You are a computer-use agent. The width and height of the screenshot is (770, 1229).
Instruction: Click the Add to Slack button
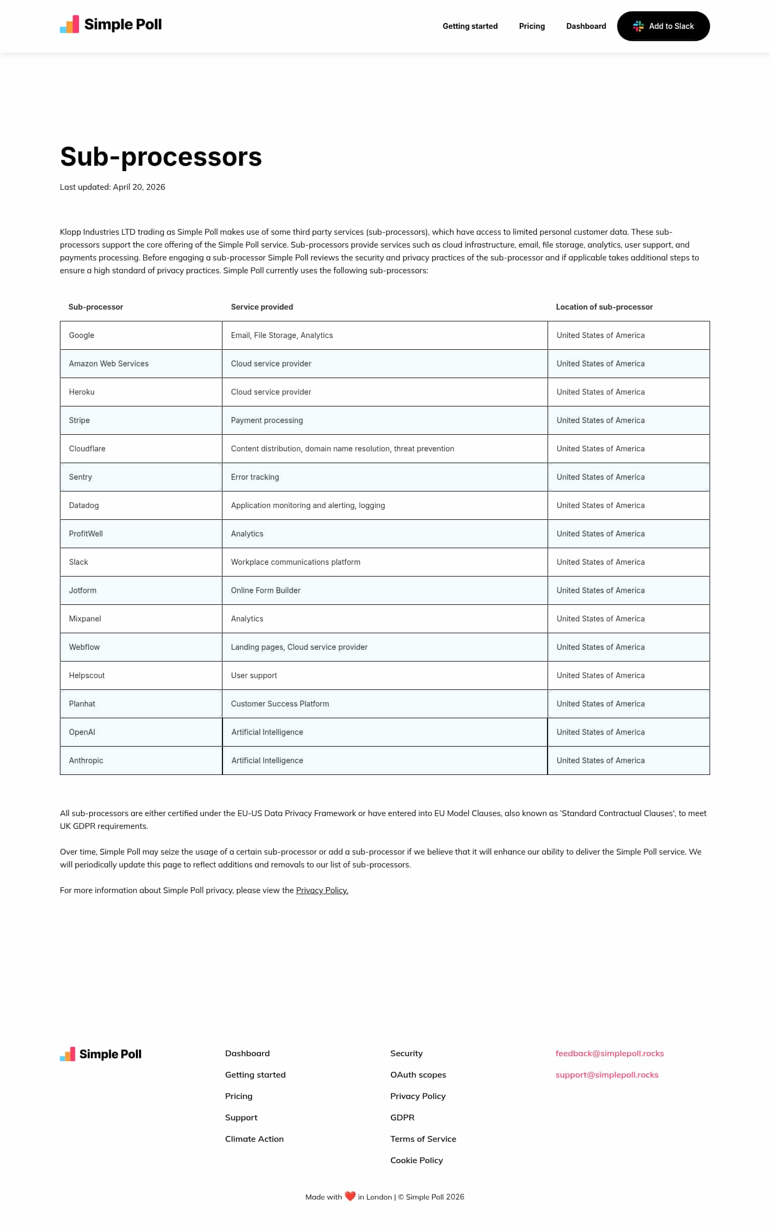click(x=663, y=26)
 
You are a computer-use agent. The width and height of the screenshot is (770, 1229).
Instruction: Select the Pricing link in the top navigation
click(x=532, y=26)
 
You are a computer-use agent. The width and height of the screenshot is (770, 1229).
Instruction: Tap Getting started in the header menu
click(x=469, y=26)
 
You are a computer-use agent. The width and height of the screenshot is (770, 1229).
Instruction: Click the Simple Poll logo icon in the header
click(x=70, y=25)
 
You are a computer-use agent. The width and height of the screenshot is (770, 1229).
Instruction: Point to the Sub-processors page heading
click(x=161, y=157)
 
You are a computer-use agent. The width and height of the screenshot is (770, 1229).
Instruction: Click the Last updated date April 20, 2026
click(x=139, y=187)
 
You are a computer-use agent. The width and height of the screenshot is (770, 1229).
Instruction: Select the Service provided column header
click(x=261, y=307)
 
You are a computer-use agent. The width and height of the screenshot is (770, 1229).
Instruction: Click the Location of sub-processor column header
click(x=604, y=307)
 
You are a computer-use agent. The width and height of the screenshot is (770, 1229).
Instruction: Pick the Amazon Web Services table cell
click(x=109, y=364)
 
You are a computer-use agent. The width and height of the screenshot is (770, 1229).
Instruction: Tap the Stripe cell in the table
click(x=79, y=420)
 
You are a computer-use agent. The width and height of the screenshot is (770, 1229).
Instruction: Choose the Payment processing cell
click(x=267, y=420)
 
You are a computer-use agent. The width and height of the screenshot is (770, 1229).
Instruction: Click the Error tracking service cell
click(x=255, y=477)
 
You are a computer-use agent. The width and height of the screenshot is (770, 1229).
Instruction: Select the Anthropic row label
click(x=86, y=761)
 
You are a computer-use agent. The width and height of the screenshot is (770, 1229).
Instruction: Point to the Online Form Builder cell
click(x=265, y=590)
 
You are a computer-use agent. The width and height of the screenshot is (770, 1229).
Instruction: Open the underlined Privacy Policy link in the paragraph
click(x=322, y=890)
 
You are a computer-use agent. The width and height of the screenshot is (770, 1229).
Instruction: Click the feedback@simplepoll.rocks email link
click(x=609, y=1054)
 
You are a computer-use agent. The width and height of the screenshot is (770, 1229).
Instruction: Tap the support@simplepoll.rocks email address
click(x=606, y=1075)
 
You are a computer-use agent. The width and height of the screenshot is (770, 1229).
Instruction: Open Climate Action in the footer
click(x=254, y=1139)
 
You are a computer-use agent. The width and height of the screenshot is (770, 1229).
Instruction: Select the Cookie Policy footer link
click(x=416, y=1161)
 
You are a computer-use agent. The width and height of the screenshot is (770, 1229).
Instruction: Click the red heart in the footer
click(x=350, y=1196)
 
